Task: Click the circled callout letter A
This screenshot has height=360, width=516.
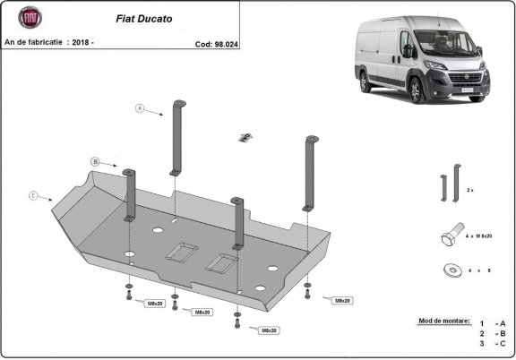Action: pos(140,108)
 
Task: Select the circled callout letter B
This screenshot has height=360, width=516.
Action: pos(94,162)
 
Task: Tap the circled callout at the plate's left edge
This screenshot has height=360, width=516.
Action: pos(33,195)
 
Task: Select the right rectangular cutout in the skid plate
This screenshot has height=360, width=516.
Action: pos(223,261)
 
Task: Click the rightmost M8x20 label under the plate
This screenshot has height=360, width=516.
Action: pos(341,301)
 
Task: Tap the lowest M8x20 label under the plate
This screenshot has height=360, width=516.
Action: pos(267,330)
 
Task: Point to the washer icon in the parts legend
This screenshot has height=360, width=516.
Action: pos(448,269)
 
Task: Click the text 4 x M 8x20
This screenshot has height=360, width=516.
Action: pos(486,235)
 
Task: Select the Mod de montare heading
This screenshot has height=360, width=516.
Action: pos(443,320)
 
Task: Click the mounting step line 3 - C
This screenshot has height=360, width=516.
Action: pos(492,344)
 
